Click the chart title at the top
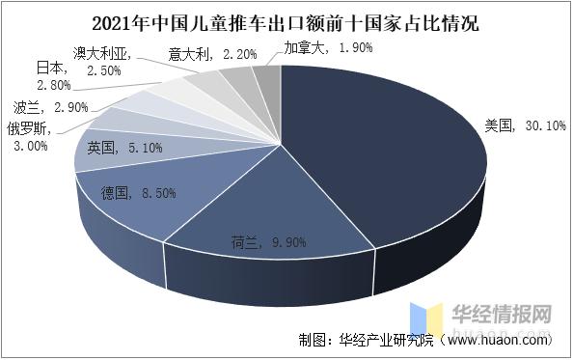286,20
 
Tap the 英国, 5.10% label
123,148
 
